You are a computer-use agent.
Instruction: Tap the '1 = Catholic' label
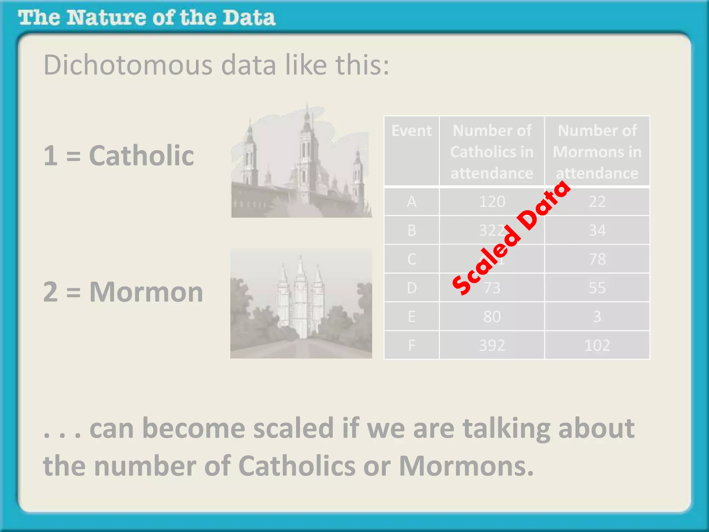pos(118,156)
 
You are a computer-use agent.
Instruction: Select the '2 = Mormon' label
pos(123,292)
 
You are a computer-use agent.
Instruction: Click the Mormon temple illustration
pos(301,303)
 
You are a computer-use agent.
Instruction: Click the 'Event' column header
pos(412,131)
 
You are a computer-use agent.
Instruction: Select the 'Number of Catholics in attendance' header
pos(492,152)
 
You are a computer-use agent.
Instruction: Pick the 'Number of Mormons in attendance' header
pos(597,152)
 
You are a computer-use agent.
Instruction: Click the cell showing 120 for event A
pos(492,202)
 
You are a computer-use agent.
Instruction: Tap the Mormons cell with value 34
pos(597,230)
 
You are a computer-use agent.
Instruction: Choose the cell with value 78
pos(597,259)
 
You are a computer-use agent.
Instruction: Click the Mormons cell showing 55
pos(597,288)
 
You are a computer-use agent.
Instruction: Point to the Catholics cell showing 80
pos(492,317)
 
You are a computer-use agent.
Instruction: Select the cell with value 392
pos(492,345)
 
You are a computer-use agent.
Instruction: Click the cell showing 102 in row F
pos(597,345)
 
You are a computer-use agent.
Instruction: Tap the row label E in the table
pos(412,317)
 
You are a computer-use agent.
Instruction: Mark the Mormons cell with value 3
pos(597,317)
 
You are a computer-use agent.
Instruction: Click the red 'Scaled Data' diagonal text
pos(512,238)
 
